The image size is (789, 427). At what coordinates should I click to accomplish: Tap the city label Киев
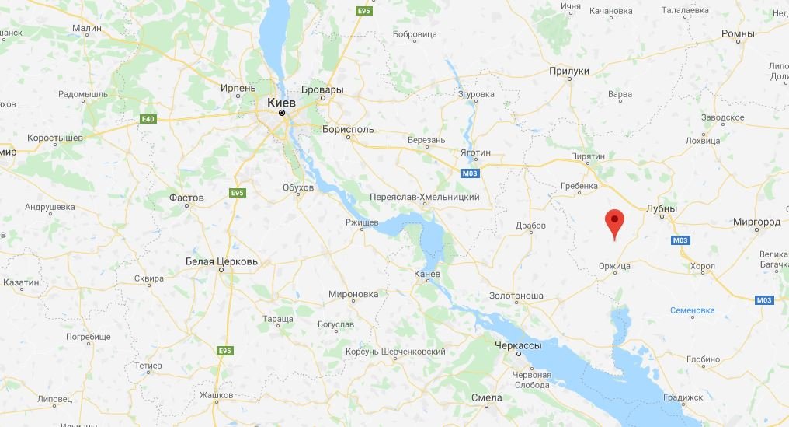(x=281, y=102)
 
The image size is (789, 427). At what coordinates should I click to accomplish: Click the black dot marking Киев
(x=282, y=114)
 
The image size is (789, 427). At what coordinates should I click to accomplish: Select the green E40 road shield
(x=148, y=119)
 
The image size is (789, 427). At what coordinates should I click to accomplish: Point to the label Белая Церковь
(x=221, y=261)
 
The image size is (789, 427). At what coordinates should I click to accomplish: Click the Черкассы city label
(x=518, y=345)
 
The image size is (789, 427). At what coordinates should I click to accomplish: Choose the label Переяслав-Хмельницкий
(x=425, y=197)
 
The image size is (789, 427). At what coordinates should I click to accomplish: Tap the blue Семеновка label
(x=692, y=310)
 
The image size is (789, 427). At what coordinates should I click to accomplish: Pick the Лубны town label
(x=662, y=208)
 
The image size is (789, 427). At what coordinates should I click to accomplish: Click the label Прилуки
(x=569, y=71)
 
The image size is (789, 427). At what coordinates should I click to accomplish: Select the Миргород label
(x=756, y=222)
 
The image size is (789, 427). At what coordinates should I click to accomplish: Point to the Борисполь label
(x=349, y=129)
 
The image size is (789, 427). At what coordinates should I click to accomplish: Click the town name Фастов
(x=186, y=198)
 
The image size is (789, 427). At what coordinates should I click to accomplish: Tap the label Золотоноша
(x=516, y=296)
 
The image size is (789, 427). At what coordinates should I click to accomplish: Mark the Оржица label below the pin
(x=614, y=265)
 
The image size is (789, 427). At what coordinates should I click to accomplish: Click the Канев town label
(x=427, y=274)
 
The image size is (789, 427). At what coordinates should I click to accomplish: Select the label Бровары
(x=322, y=89)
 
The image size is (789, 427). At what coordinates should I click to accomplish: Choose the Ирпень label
(x=238, y=88)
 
